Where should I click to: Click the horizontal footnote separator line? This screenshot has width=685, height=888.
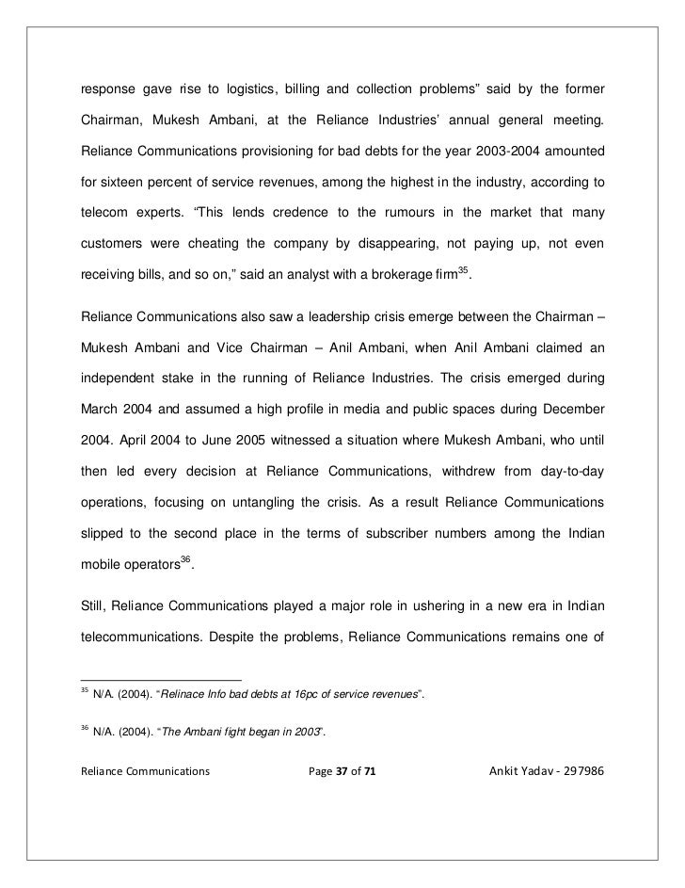coord(160,678)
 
